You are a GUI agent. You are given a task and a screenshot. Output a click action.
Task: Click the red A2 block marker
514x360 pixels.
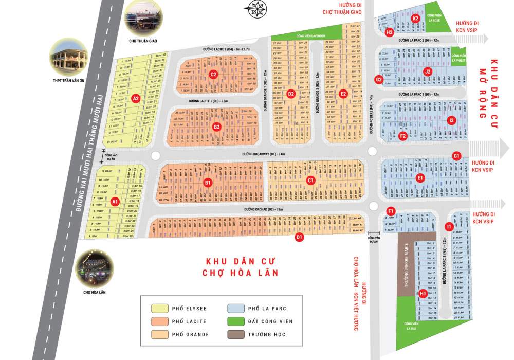pos(136,98)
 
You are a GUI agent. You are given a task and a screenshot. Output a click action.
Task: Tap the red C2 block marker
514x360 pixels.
pos(213,75)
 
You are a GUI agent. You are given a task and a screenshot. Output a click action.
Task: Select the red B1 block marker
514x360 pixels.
pos(208,182)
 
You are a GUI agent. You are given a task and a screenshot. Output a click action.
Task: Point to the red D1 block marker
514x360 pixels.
pos(299,237)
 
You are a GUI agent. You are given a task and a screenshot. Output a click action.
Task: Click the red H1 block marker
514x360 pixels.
pos(423,294)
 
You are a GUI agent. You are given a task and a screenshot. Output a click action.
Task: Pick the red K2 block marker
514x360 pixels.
pos(416,19)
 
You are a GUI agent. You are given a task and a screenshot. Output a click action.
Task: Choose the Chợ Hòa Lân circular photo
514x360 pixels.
pos(94,268)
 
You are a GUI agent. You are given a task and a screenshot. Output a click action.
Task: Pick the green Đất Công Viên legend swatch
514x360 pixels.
pos(235,321)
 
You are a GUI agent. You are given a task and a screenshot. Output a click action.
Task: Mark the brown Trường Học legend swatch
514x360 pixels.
pos(235,334)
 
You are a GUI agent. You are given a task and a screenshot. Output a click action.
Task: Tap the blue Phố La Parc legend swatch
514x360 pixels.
pos(235,309)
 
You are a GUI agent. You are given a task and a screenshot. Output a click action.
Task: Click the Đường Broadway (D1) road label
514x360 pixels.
pos(263,154)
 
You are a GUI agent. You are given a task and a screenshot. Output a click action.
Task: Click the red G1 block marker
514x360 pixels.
pos(456,156)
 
